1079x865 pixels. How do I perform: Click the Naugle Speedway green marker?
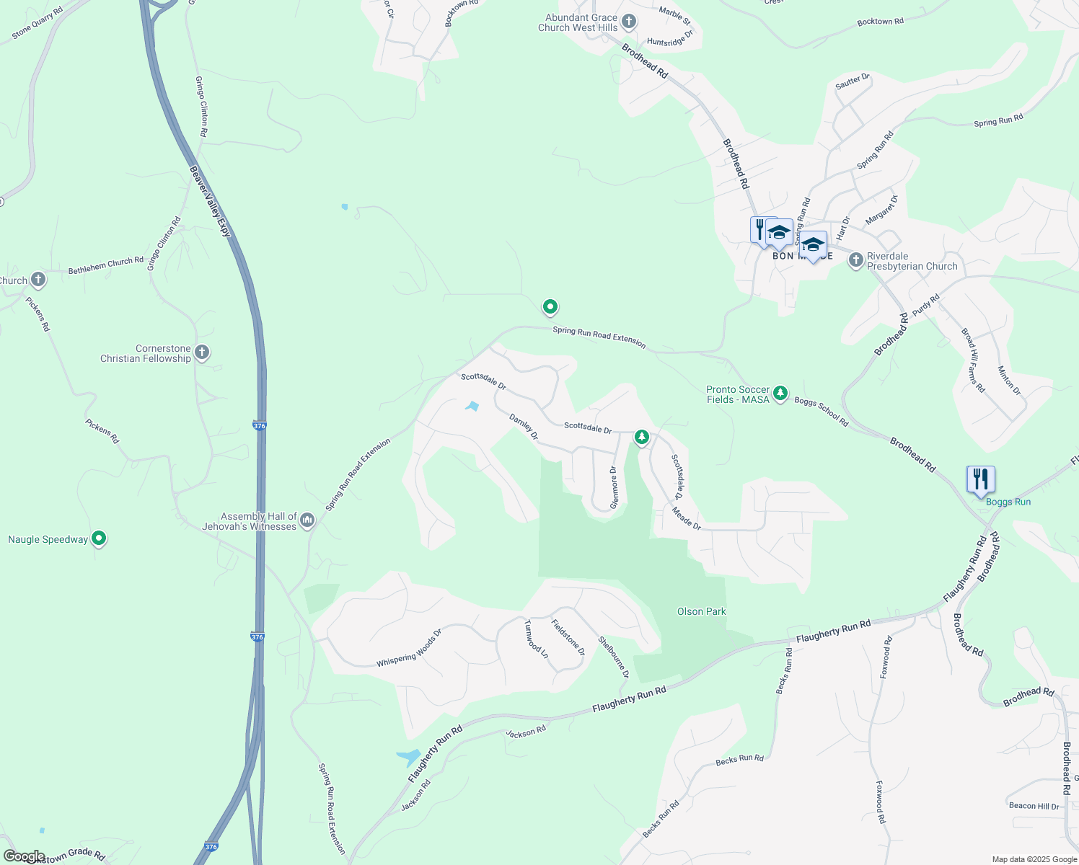[100, 538]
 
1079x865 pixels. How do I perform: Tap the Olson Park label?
[701, 611]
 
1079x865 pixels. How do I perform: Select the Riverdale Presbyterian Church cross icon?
[856, 260]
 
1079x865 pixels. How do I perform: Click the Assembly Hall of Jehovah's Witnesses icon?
[307, 520]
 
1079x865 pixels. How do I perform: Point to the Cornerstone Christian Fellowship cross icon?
[202, 352]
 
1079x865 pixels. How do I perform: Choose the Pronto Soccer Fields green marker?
[780, 394]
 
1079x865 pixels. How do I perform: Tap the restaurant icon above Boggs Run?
[980, 479]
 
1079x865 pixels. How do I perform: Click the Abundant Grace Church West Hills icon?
[629, 22]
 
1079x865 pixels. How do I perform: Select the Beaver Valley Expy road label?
[211, 202]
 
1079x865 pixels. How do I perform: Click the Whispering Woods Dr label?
[409, 648]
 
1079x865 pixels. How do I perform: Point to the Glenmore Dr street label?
[614, 487]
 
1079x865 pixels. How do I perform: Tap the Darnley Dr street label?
[524, 427]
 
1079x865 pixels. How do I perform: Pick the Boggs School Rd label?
[822, 412]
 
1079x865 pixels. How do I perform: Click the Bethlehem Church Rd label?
[106, 266]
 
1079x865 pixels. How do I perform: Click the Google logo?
[24, 856]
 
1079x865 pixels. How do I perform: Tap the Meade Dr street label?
[686, 518]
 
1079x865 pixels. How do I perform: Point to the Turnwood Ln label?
[536, 639]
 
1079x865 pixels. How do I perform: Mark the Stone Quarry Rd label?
[38, 24]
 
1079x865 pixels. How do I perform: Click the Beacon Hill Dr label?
[1034, 806]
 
